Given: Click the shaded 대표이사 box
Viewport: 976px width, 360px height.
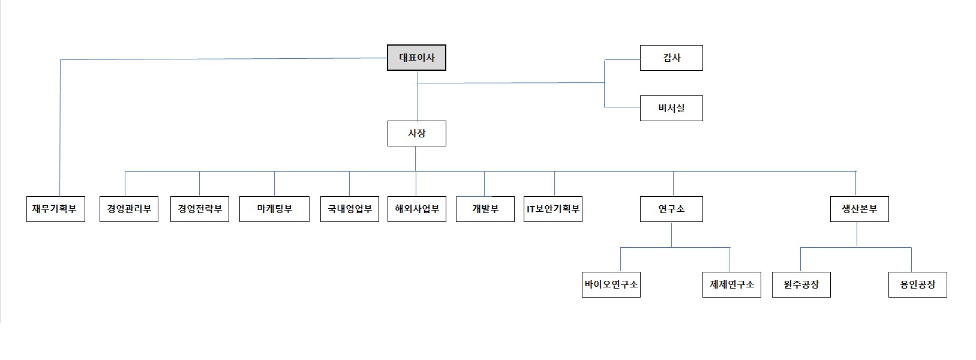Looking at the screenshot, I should [x=416, y=58].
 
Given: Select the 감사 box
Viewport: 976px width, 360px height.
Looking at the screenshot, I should [x=671, y=58].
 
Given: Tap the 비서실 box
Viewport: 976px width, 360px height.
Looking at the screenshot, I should [x=671, y=109].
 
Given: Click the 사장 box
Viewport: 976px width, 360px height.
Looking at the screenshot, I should [x=416, y=134].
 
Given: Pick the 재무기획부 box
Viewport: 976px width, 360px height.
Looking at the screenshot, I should [x=55, y=209].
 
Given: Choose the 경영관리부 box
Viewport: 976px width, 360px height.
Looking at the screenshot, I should [x=128, y=209].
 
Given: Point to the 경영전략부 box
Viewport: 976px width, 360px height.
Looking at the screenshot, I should [x=199, y=209].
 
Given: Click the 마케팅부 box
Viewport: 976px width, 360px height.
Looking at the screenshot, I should [x=274, y=209].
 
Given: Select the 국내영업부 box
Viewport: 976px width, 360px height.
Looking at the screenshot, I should [x=349, y=209].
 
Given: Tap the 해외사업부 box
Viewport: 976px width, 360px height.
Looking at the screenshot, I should [x=416, y=209].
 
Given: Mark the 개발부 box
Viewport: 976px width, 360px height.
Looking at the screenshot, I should [x=485, y=209].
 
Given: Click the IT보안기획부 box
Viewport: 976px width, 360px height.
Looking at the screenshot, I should [x=552, y=209].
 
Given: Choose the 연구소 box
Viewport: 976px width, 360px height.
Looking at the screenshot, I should [x=671, y=209].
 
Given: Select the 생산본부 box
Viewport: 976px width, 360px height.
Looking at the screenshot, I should [x=859, y=209].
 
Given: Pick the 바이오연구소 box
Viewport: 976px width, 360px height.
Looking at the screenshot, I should [x=611, y=285].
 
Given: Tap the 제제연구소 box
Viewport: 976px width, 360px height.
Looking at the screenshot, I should [x=731, y=285].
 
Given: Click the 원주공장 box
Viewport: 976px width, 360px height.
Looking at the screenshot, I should [x=801, y=285].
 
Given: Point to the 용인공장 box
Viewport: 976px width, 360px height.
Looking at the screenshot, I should [x=917, y=285].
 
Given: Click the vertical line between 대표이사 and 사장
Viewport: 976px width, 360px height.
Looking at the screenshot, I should [x=418, y=99].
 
